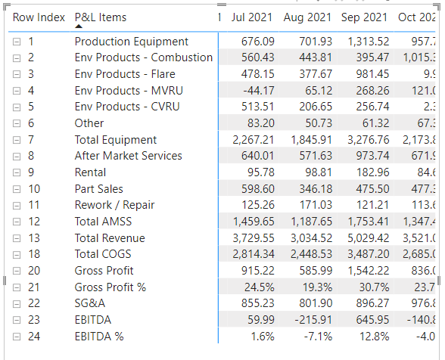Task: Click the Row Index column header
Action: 39,17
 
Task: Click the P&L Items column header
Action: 101,17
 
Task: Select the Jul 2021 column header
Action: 253,17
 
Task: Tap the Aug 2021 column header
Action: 307,17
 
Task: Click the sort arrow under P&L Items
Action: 79,27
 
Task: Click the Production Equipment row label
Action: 132,42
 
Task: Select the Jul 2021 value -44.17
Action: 257,91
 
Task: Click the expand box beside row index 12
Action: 17,222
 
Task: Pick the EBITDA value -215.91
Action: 313,320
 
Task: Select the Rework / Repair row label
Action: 114,205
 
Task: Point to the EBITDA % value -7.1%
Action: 316,337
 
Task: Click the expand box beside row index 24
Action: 17,337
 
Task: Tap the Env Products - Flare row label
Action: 125,74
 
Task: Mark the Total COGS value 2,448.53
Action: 311,254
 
